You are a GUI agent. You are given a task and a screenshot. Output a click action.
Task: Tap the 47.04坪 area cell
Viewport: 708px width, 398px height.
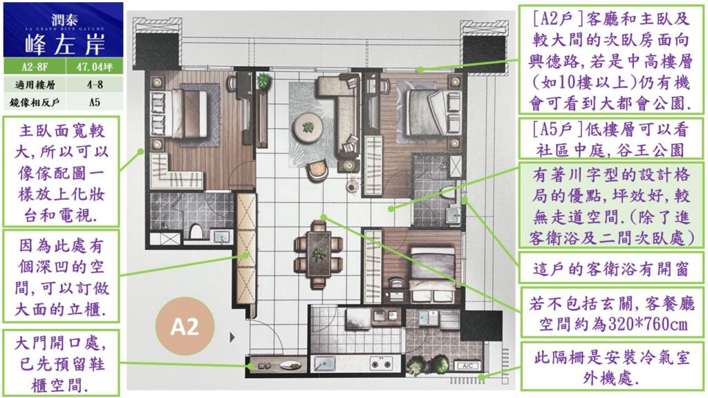[94, 67]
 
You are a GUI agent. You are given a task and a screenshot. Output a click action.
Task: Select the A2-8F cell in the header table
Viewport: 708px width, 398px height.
[35, 67]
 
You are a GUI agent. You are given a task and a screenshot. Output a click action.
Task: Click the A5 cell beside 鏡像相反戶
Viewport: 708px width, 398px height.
[94, 102]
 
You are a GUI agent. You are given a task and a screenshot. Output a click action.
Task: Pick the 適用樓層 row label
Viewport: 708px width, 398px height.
[35, 84]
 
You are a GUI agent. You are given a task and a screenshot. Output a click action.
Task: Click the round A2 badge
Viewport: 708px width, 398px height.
[185, 326]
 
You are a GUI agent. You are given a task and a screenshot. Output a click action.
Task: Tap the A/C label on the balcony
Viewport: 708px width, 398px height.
[467, 366]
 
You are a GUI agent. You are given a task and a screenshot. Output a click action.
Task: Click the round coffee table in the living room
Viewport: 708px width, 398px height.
[309, 127]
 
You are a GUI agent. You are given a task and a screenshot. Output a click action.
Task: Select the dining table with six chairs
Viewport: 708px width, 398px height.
[319, 254]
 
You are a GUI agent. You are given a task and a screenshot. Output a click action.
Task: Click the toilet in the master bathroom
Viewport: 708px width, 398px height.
[196, 231]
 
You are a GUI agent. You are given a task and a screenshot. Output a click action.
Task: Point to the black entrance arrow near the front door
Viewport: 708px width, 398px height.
[232, 337]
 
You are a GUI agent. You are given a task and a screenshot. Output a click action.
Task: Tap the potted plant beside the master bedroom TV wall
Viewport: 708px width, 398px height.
[263, 82]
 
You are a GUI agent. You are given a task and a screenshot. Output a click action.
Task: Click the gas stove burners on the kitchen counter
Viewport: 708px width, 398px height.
[381, 362]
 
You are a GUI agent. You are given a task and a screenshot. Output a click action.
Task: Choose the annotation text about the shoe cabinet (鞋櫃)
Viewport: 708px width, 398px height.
[61, 364]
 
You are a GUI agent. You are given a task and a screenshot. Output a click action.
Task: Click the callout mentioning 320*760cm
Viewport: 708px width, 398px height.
[612, 314]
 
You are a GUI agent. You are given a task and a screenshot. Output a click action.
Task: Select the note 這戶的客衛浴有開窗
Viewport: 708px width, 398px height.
[612, 269]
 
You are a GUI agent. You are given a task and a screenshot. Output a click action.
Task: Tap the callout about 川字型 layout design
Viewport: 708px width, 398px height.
[612, 206]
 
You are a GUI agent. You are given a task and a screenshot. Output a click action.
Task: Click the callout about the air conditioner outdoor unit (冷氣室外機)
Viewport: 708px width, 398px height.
[612, 368]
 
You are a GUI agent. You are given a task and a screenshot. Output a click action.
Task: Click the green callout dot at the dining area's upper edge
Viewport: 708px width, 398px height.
[324, 217]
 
